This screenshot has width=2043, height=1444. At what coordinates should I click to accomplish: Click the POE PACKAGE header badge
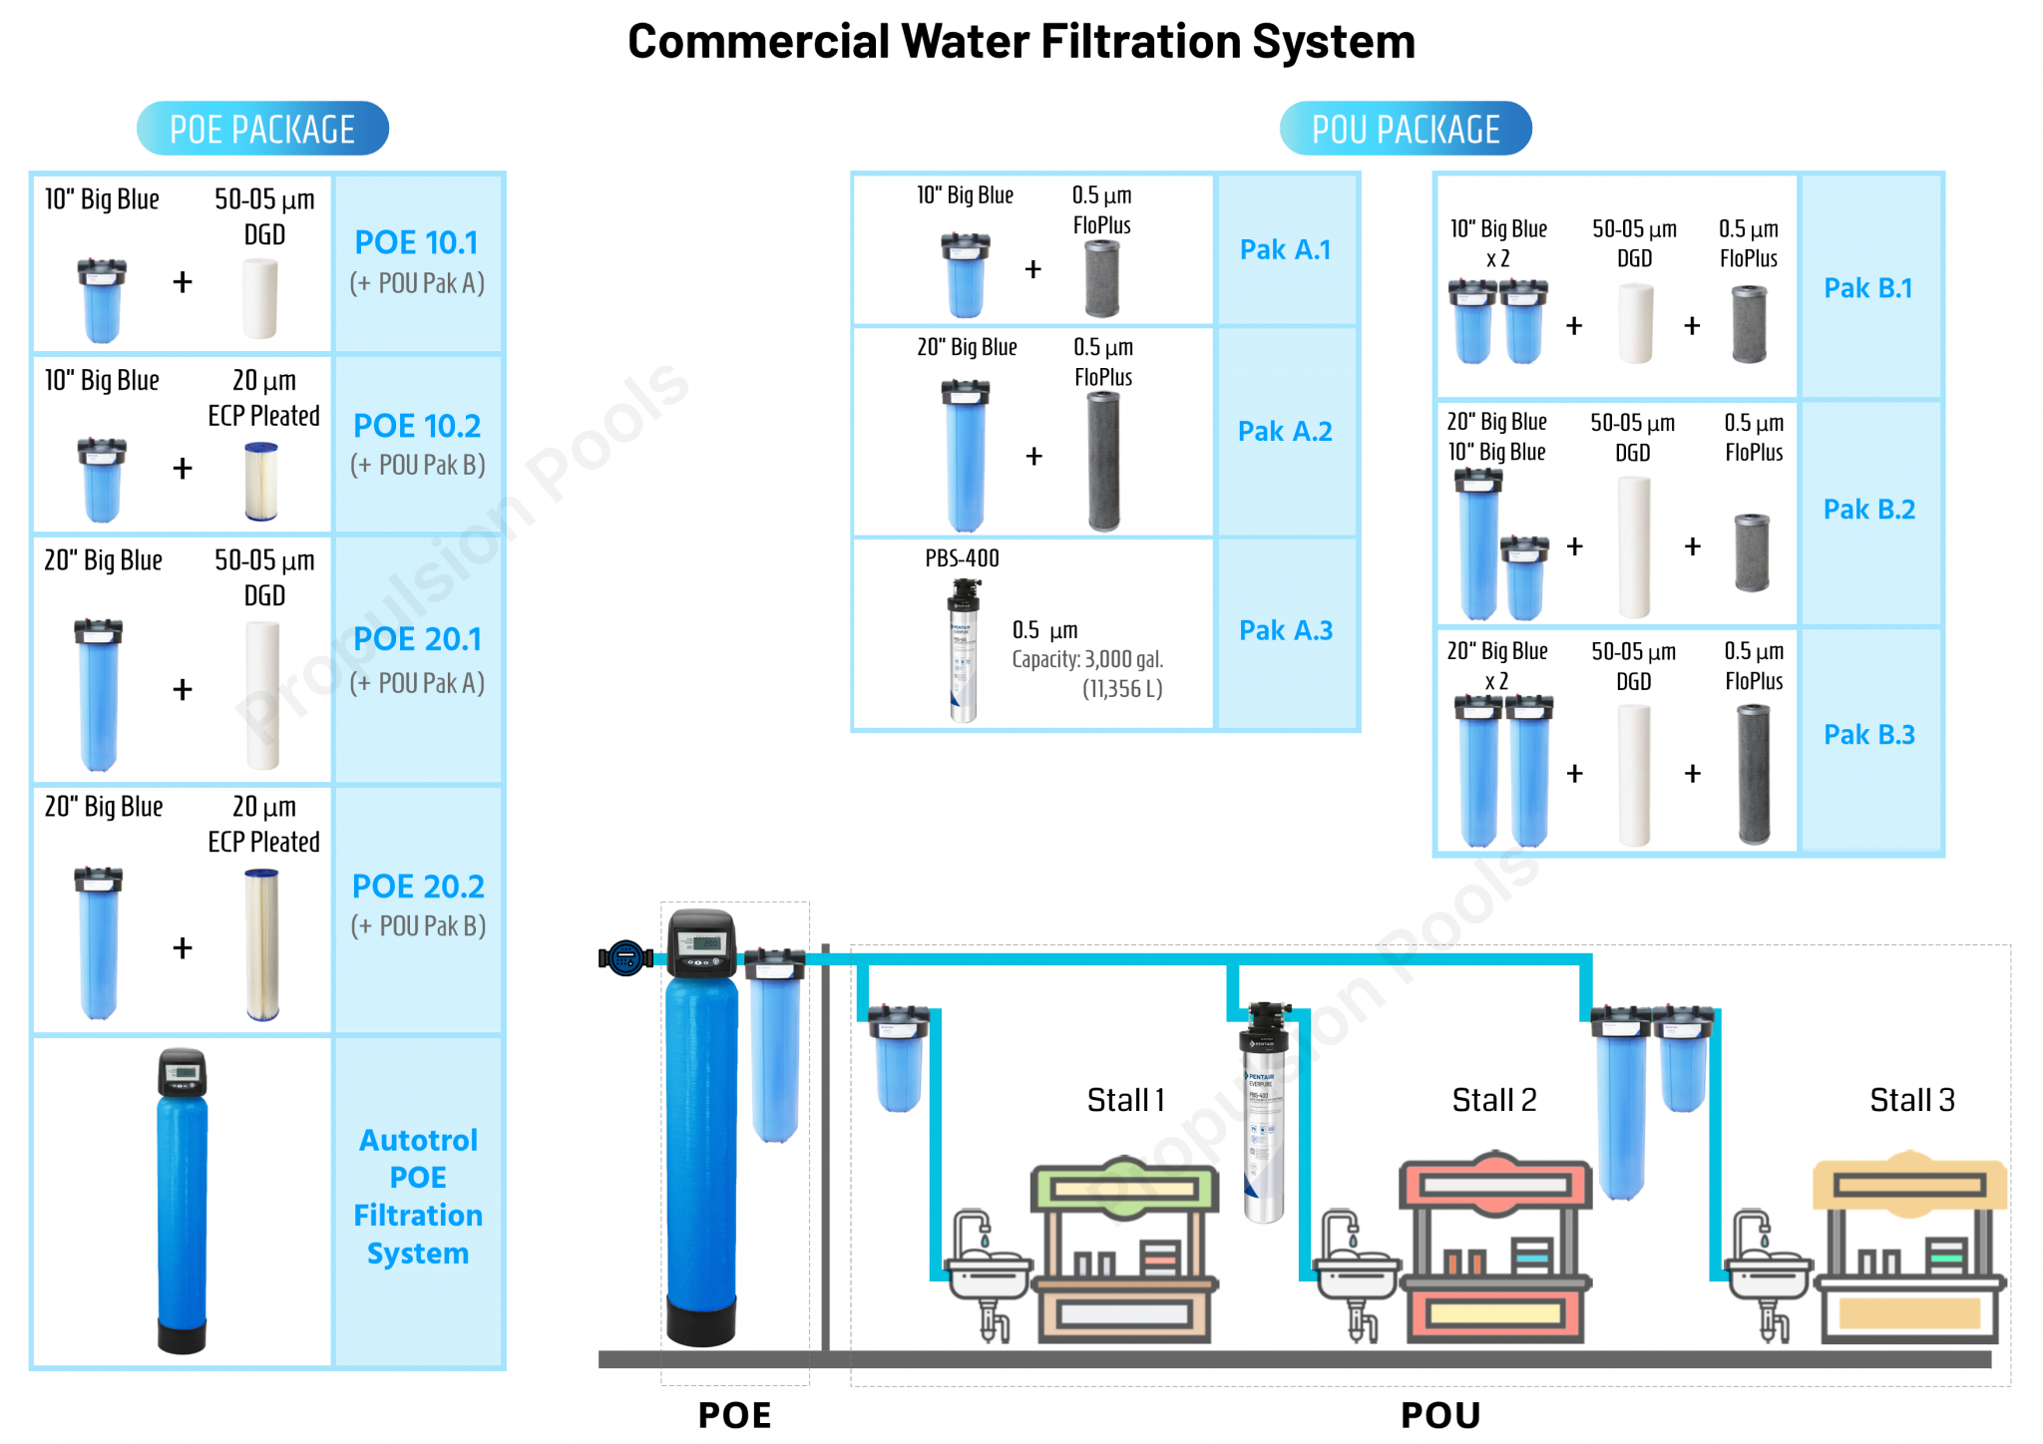click(x=262, y=129)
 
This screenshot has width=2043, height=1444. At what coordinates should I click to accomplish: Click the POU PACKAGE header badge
click(x=1405, y=129)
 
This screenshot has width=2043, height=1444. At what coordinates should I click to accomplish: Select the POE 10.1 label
click(x=417, y=242)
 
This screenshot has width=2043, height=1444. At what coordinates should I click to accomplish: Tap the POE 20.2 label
click(x=418, y=886)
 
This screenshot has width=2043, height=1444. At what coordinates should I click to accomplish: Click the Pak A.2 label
click(x=1285, y=431)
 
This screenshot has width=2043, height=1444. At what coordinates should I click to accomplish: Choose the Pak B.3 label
click(x=1868, y=735)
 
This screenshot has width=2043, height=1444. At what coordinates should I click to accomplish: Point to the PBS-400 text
click(x=962, y=558)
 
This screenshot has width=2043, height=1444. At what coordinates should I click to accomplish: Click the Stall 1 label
click(x=1125, y=1100)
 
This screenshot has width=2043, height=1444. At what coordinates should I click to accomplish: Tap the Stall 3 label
click(x=1911, y=1100)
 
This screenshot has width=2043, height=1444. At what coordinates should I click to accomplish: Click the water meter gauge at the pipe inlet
click(x=625, y=958)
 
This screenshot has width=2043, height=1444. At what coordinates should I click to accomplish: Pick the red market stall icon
click(x=1494, y=1247)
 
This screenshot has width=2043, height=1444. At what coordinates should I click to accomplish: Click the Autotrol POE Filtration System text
click(x=418, y=1196)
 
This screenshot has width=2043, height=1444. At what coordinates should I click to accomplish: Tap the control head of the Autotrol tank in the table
click(x=183, y=1073)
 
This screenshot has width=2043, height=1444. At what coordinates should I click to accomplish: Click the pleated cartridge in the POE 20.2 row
click(x=262, y=944)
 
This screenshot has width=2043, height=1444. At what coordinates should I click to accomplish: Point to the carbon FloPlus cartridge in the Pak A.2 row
click(x=1103, y=460)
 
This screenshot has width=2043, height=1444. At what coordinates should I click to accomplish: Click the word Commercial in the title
click(x=758, y=42)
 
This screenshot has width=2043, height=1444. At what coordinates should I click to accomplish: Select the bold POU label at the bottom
click(x=1439, y=1415)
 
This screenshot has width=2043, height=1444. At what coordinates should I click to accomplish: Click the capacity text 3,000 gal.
click(x=1087, y=659)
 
